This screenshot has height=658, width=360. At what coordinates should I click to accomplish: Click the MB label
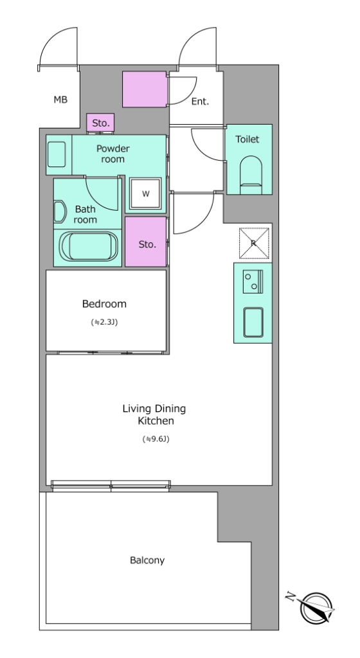pos(60,100)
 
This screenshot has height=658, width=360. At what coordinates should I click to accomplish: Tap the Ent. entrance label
pos(200,101)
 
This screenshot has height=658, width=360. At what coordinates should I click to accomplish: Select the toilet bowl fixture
pos(251,175)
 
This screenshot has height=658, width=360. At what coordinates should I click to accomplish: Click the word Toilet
pos(247,139)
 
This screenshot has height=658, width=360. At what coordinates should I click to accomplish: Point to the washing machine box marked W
pos(145,193)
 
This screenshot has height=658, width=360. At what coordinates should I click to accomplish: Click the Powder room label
pos(113,154)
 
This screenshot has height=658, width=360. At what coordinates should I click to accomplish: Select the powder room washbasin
pos(56,154)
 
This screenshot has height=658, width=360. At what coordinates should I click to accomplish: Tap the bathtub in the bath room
pos(88,247)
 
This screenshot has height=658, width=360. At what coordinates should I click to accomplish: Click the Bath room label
pos(85,214)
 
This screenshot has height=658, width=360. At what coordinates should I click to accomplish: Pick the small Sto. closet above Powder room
pos(101,123)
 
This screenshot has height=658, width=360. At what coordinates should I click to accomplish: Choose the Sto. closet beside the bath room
pos(146,242)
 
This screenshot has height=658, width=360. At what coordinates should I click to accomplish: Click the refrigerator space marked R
pos(254,244)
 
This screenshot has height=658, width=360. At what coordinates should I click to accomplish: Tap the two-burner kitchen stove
pos(253,281)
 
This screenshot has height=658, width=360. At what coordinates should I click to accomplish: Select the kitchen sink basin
pos(253,323)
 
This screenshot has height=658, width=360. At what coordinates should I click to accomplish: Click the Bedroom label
pos(104,304)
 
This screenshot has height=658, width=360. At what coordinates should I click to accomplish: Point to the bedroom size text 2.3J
pos(104,323)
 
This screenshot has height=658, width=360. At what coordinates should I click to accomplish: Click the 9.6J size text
pos(156,440)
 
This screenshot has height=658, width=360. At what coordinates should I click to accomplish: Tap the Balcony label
pos(147,560)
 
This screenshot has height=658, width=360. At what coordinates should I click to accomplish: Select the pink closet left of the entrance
pos(145,89)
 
